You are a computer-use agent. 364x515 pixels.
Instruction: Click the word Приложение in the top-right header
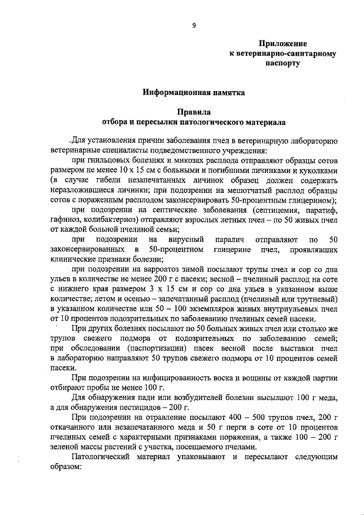(x=282, y=44)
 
